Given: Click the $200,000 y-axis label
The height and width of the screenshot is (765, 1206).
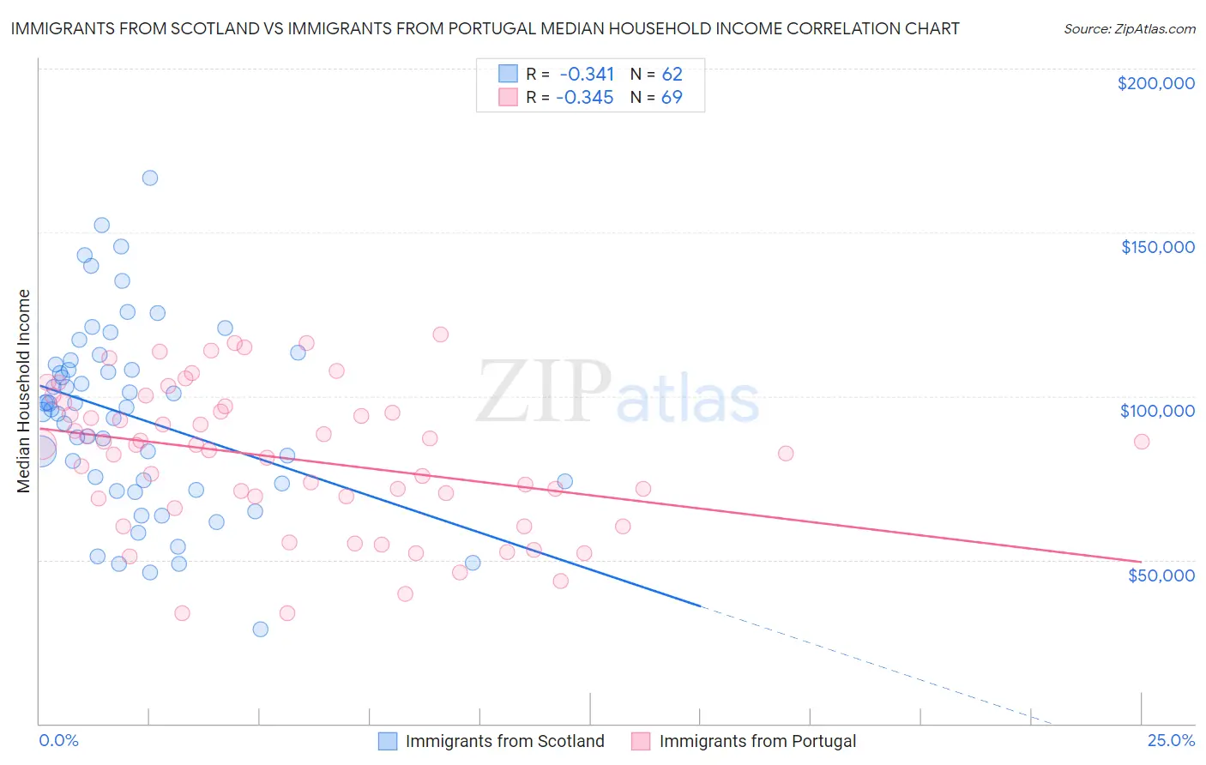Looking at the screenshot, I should [x=1155, y=83].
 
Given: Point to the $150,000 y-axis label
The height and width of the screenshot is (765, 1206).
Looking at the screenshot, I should [x=1157, y=247].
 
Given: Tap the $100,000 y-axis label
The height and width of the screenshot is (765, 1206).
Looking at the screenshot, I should [x=1157, y=411].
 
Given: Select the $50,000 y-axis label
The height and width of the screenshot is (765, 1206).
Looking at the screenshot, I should [x=1161, y=575].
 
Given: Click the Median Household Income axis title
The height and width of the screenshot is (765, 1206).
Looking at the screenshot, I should [x=24, y=391].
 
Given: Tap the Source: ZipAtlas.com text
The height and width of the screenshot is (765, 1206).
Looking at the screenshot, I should [x=1129, y=28].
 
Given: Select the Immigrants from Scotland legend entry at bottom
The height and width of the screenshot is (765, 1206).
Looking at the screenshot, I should [x=504, y=741].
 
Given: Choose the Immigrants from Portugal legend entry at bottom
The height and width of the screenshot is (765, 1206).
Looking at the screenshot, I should [x=757, y=741].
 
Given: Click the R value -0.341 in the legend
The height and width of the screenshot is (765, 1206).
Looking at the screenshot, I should [x=587, y=75].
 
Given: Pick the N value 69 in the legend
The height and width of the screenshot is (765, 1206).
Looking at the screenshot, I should [x=672, y=98].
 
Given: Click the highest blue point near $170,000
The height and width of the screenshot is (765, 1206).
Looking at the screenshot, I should [x=150, y=178].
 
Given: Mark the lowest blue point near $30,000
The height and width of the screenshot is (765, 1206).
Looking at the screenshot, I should [x=260, y=629].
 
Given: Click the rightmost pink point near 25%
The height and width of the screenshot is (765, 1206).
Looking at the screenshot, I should [x=1142, y=442].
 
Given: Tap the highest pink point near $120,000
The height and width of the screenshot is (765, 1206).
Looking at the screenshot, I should [x=441, y=334].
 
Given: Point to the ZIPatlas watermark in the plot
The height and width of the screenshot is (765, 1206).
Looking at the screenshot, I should [x=618, y=393].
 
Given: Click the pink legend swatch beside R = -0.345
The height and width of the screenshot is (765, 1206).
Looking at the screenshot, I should [x=509, y=98].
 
